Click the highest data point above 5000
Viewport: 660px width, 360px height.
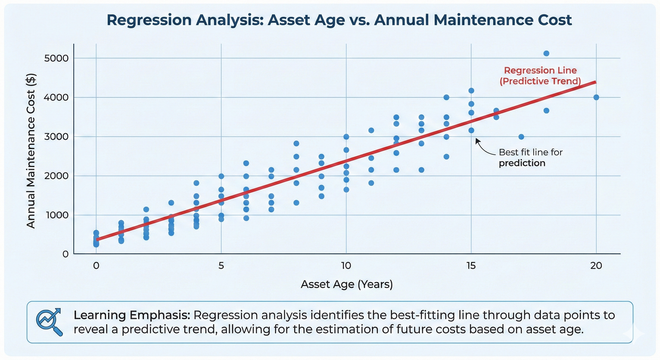[546, 53]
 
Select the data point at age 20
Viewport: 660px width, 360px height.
[596, 97]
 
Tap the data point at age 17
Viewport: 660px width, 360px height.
[521, 136]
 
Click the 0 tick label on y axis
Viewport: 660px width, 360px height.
[66, 254]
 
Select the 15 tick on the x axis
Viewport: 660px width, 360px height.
[471, 266]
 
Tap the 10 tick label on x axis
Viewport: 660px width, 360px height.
[346, 266]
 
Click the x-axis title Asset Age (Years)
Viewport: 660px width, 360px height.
[346, 284]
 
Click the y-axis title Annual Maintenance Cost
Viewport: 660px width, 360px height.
[31, 151]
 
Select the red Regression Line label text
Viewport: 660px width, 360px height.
[540, 71]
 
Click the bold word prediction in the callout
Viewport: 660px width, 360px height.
[522, 163]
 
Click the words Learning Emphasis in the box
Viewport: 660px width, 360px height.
[131, 315]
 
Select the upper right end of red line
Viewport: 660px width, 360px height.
[595, 82]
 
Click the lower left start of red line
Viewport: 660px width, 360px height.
[97, 239]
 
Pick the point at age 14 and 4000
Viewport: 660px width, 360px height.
[446, 97]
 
